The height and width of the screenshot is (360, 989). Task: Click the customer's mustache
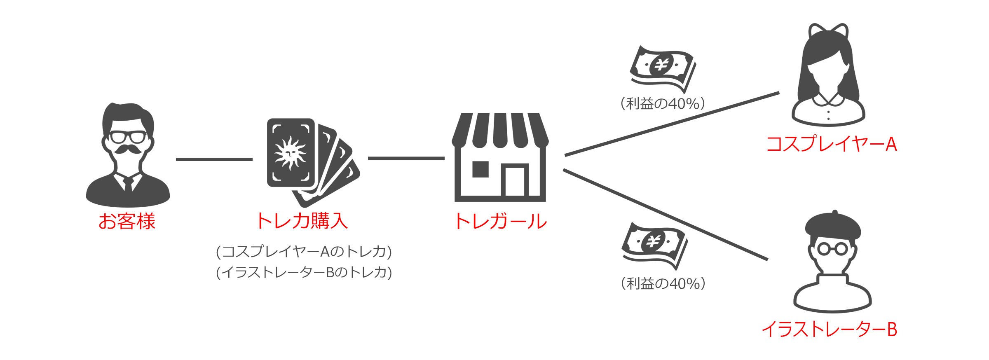(128, 149)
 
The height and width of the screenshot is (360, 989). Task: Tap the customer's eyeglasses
(128, 137)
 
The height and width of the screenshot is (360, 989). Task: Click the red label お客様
(127, 221)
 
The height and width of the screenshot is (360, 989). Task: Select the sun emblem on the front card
(290, 153)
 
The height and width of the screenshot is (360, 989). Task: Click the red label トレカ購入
(302, 221)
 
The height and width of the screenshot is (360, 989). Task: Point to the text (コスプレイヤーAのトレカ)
(304, 251)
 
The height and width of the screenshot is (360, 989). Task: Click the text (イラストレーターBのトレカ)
(304, 272)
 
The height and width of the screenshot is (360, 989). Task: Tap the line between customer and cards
(214, 159)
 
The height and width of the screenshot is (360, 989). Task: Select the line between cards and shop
(406, 158)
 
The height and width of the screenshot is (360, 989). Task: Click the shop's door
(515, 181)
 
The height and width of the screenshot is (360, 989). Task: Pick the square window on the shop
(480, 169)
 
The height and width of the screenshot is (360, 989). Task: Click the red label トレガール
(501, 221)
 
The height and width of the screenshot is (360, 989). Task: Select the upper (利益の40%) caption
(663, 103)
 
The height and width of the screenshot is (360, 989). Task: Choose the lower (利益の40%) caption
(663, 283)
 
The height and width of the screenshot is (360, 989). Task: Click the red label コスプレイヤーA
(832, 144)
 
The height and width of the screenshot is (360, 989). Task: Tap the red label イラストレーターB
(829, 330)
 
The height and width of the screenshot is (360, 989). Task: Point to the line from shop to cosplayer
(672, 124)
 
